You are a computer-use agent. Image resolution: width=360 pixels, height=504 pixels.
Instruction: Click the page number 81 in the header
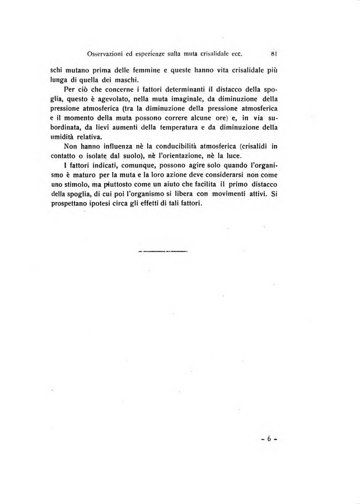click(x=274, y=54)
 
